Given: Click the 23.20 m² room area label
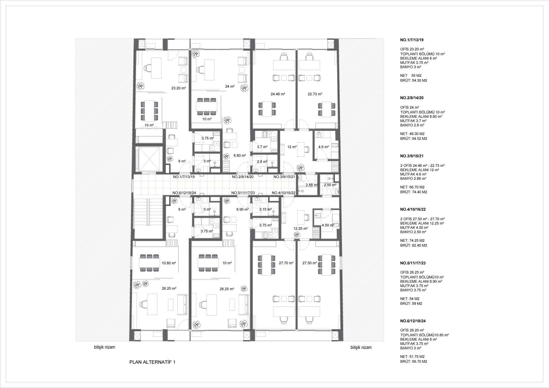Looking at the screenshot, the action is (x=179, y=88).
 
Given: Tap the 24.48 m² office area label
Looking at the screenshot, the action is (x=278, y=94).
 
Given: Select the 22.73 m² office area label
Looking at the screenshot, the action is (x=315, y=94).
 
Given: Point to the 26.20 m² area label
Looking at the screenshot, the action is (x=169, y=288).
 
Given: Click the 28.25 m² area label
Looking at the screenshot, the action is (x=227, y=289).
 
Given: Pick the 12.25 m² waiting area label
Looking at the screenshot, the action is (x=300, y=228).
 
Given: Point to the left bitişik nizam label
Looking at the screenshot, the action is (x=105, y=347).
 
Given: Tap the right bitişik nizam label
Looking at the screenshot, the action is (x=361, y=347).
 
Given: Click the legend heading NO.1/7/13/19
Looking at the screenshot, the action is (x=411, y=40).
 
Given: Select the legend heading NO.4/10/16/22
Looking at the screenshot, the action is (x=413, y=209).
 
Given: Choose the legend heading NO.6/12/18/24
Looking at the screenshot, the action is (x=413, y=321).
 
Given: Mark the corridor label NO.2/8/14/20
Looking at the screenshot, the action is (x=243, y=177).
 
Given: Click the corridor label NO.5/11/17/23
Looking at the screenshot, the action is (x=243, y=193).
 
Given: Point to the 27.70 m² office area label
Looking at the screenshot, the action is (x=286, y=263).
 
